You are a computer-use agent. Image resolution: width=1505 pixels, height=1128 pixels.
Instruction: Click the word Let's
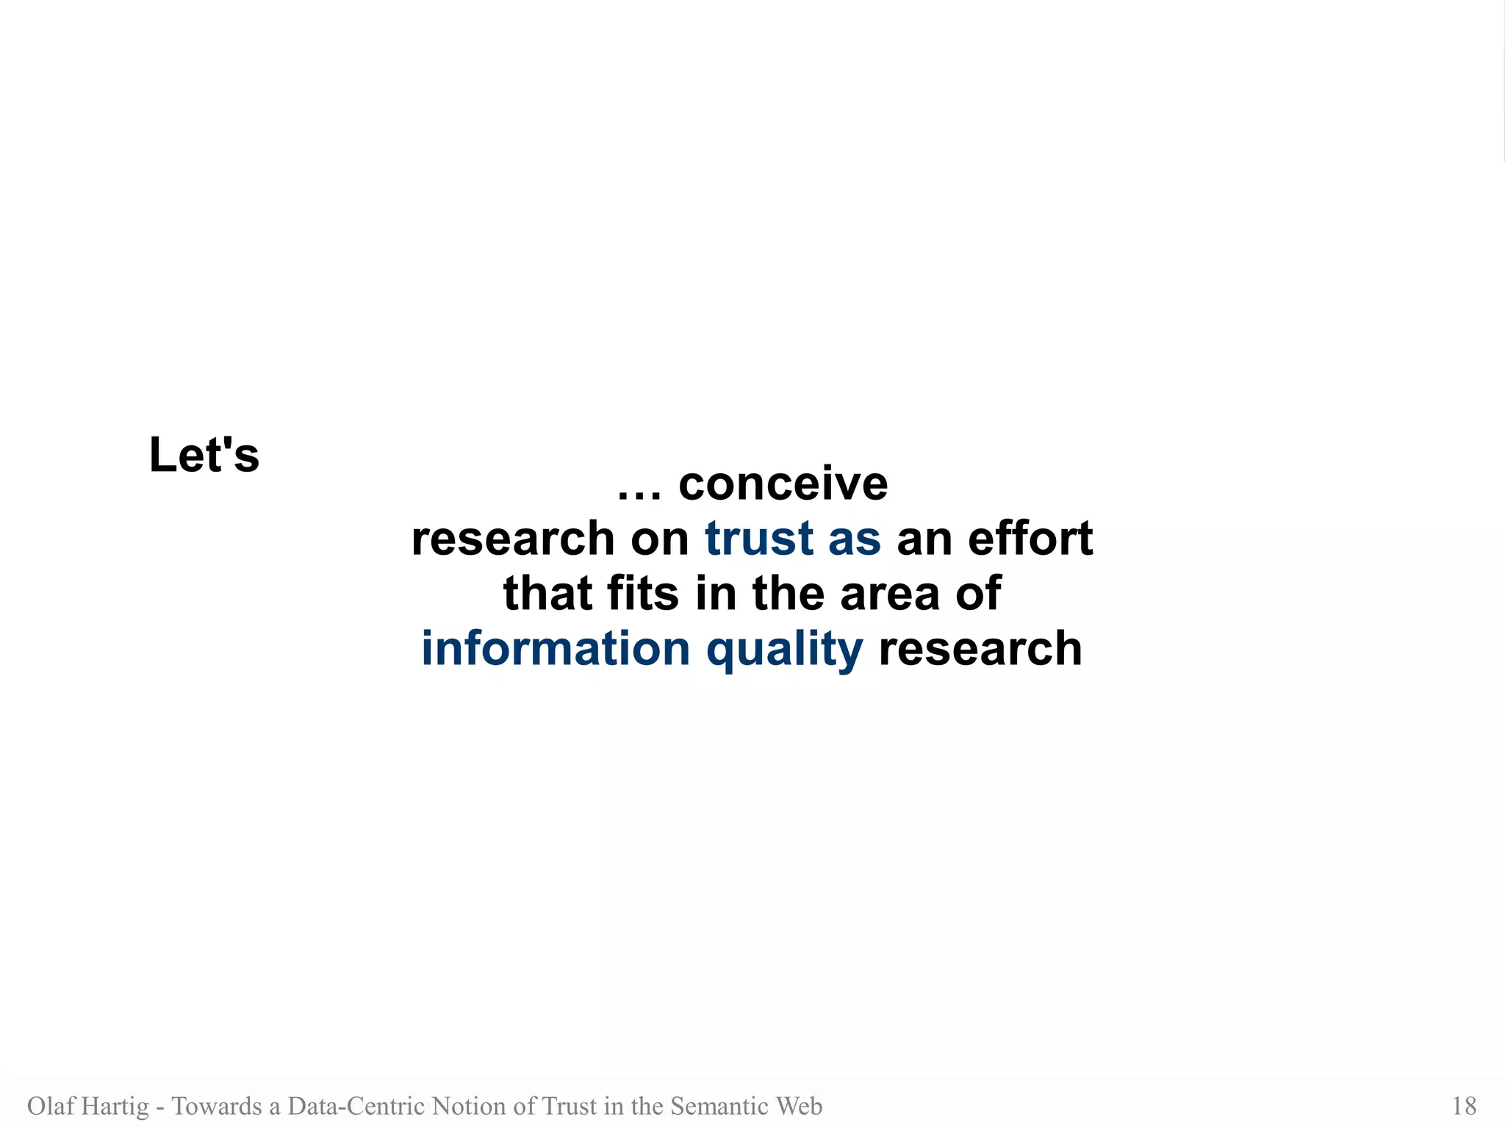(204, 455)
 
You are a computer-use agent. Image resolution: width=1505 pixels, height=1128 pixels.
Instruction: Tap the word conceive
(783, 484)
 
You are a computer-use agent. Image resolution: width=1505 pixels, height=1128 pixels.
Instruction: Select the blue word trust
(759, 538)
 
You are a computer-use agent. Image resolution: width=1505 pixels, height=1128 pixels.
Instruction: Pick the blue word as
(854, 539)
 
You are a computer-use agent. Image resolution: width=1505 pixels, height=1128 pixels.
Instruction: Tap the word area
(889, 594)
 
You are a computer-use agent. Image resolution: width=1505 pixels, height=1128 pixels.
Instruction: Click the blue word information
(556, 648)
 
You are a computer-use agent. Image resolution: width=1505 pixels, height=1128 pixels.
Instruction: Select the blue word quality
(784, 650)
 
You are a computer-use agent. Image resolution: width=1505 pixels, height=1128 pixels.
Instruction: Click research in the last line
(980, 649)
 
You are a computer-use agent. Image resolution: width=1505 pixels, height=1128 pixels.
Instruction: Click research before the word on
(512, 539)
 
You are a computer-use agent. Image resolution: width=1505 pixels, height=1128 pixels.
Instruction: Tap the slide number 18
(1464, 1106)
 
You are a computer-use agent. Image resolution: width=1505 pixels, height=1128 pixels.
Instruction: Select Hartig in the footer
(115, 1106)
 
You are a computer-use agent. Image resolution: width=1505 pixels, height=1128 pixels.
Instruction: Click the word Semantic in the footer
(716, 1106)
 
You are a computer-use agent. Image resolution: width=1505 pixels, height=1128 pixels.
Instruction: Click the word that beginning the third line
(547, 593)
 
